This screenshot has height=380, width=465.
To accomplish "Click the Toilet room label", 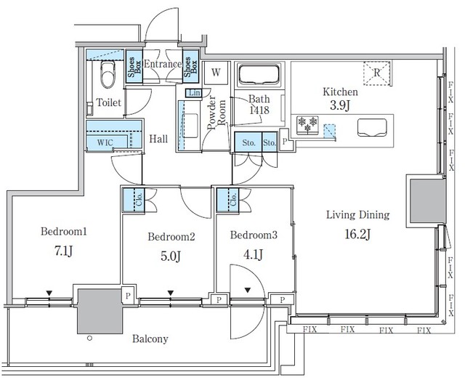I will [109, 103].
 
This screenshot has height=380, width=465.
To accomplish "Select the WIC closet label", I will [105, 142].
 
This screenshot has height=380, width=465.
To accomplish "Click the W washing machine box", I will [215, 73].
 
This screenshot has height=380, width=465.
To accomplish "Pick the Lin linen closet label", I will [194, 93].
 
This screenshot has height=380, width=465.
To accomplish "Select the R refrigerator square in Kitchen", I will [377, 72].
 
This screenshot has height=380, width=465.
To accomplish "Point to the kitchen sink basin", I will [371, 129].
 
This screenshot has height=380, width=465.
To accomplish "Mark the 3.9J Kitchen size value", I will [341, 107].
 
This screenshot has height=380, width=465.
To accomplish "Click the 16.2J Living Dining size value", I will [358, 233].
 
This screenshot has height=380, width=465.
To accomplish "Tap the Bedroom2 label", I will [171, 236].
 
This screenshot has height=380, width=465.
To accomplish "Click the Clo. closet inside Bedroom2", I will [137, 200].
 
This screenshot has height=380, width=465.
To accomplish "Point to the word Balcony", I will [150, 339].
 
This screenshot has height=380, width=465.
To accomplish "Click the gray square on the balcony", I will [97, 310].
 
